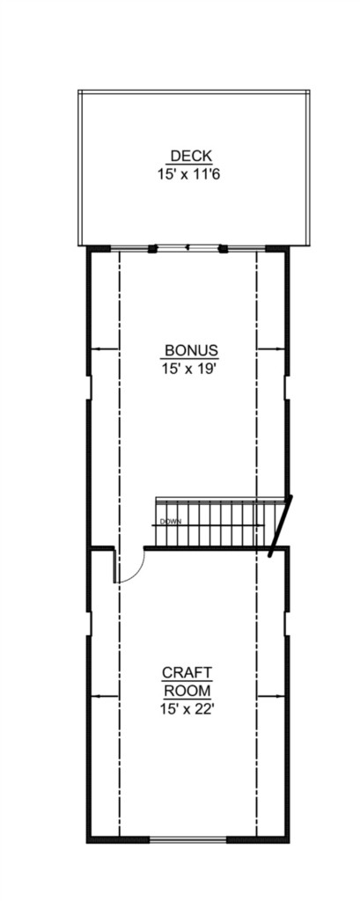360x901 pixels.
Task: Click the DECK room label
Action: tap(192, 156)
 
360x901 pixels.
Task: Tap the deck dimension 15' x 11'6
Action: tap(189, 173)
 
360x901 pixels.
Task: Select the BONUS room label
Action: tap(191, 350)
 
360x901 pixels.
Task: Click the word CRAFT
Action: tap(187, 672)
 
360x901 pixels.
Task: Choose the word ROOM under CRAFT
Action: tap(187, 690)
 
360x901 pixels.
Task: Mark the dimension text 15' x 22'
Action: tap(187, 709)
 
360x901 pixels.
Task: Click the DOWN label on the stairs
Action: tap(171, 522)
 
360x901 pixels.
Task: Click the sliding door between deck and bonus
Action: tap(187, 248)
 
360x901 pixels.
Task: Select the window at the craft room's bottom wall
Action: tap(188, 839)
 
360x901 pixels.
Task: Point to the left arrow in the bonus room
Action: tap(105, 348)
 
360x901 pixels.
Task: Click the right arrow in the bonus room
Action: tap(270, 348)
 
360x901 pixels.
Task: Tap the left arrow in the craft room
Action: tap(105, 697)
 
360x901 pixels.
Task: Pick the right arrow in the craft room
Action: tap(270, 697)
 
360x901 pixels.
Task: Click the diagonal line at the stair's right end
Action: tap(280, 526)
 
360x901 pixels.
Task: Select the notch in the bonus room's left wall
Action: tap(89, 388)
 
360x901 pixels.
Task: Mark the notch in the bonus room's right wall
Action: tap(286, 388)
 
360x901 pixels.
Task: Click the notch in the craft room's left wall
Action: tap(89, 623)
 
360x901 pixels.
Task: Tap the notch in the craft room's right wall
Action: tap(286, 623)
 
